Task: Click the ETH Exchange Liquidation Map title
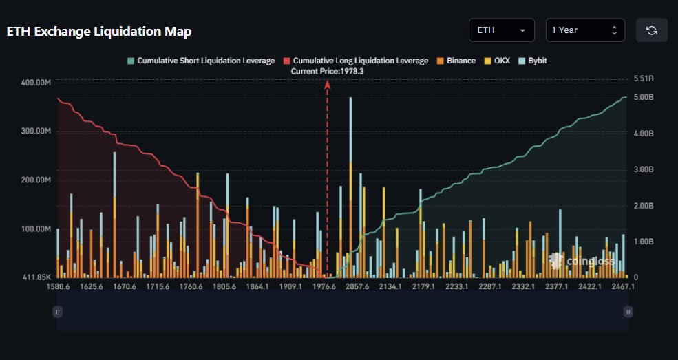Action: pyautogui.click(x=99, y=32)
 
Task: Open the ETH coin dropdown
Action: pyautogui.click(x=501, y=30)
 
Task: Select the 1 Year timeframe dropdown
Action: pyautogui.click(x=585, y=30)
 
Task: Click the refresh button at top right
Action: pyautogui.click(x=651, y=30)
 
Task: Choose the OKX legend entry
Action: pyautogui.click(x=499, y=61)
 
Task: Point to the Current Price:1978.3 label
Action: pyautogui.click(x=327, y=71)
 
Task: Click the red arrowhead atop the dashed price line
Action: pyautogui.click(x=328, y=84)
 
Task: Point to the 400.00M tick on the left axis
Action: pyautogui.click(x=37, y=83)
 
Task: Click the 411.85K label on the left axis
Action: pyautogui.click(x=37, y=277)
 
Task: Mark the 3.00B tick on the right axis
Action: pyautogui.click(x=643, y=169)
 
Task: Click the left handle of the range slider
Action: pyautogui.click(x=58, y=312)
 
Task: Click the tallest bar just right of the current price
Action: pyautogui.click(x=350, y=186)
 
